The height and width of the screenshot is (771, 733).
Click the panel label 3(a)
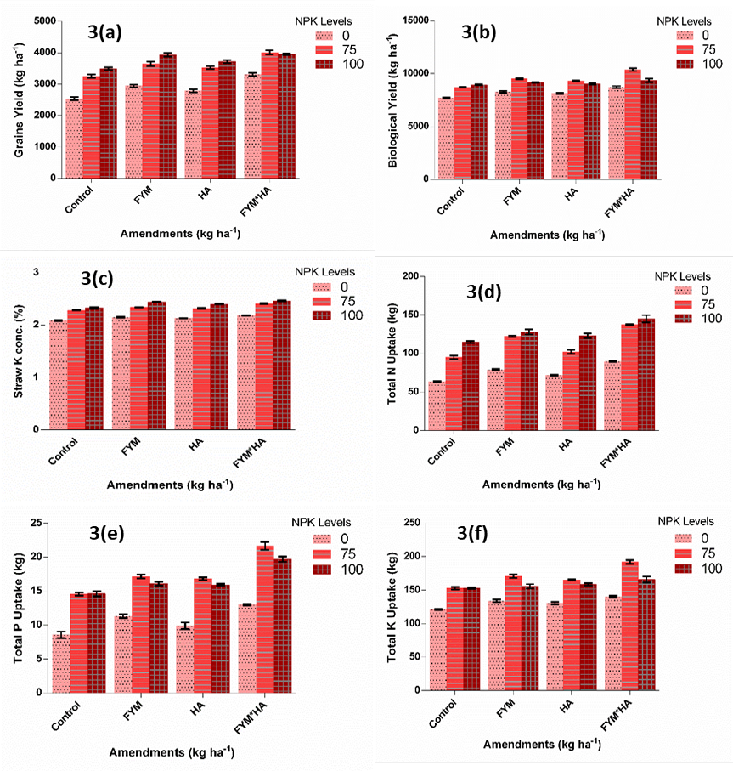[x=104, y=32]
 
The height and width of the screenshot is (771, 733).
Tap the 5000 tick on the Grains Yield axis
[x=45, y=20]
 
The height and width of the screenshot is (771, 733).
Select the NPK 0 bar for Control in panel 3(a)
[x=74, y=139]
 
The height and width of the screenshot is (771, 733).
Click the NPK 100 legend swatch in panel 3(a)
[x=324, y=65]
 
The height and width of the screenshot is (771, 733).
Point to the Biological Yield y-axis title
[x=392, y=101]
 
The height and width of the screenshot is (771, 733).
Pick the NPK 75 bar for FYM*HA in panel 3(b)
[x=633, y=124]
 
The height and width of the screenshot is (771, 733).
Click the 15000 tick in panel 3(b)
[x=415, y=20]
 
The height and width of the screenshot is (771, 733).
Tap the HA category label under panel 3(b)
[x=572, y=194]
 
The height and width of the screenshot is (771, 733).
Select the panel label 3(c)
[x=98, y=278]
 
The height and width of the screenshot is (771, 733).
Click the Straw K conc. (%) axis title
[x=19, y=351]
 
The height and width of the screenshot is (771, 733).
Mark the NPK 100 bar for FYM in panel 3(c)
[x=157, y=366]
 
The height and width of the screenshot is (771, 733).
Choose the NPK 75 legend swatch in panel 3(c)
[x=322, y=302]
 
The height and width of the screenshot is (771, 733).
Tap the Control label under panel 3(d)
[x=441, y=451]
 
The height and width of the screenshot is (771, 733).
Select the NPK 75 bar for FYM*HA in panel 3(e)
[x=265, y=619]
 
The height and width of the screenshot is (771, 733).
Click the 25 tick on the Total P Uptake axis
[x=36, y=523]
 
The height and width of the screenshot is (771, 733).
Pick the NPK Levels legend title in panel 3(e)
[x=321, y=522]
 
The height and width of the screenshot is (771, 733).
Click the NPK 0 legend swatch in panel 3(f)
[x=684, y=538]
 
